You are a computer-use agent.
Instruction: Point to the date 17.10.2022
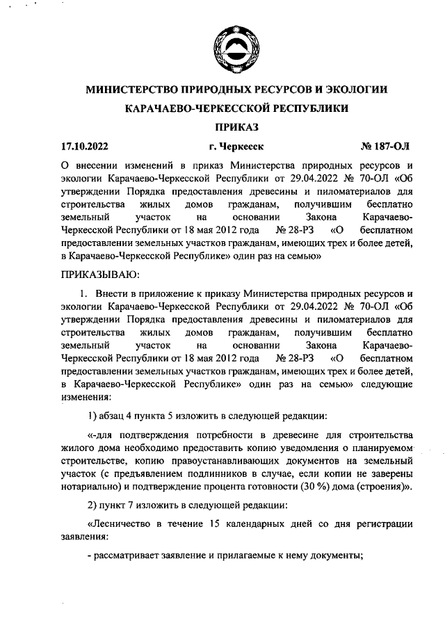[x=85, y=147]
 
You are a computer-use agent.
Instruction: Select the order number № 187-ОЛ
[x=387, y=147]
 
